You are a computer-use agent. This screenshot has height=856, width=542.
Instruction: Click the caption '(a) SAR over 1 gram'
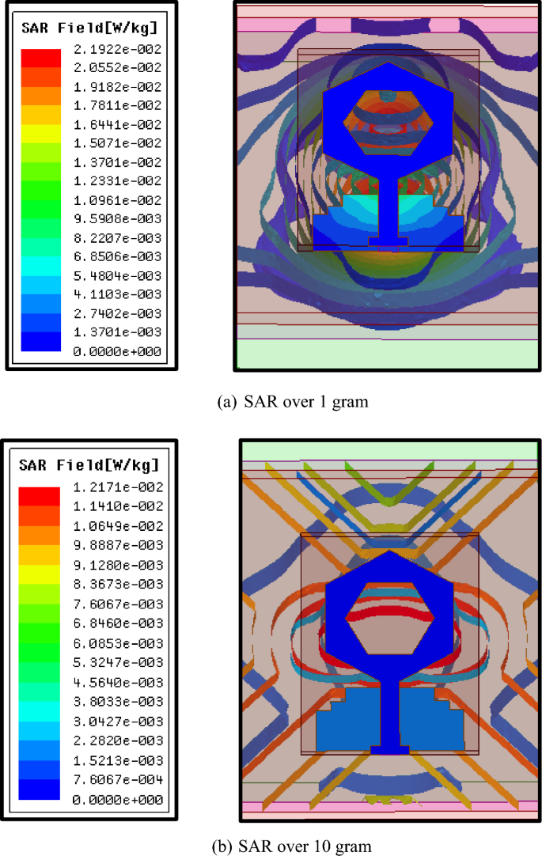pos(292,402)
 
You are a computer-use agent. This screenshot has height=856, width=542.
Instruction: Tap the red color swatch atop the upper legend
pos(40,58)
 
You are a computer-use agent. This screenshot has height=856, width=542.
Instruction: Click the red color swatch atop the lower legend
pos(40,496)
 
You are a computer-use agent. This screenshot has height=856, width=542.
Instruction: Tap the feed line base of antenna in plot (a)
pos(388,240)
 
